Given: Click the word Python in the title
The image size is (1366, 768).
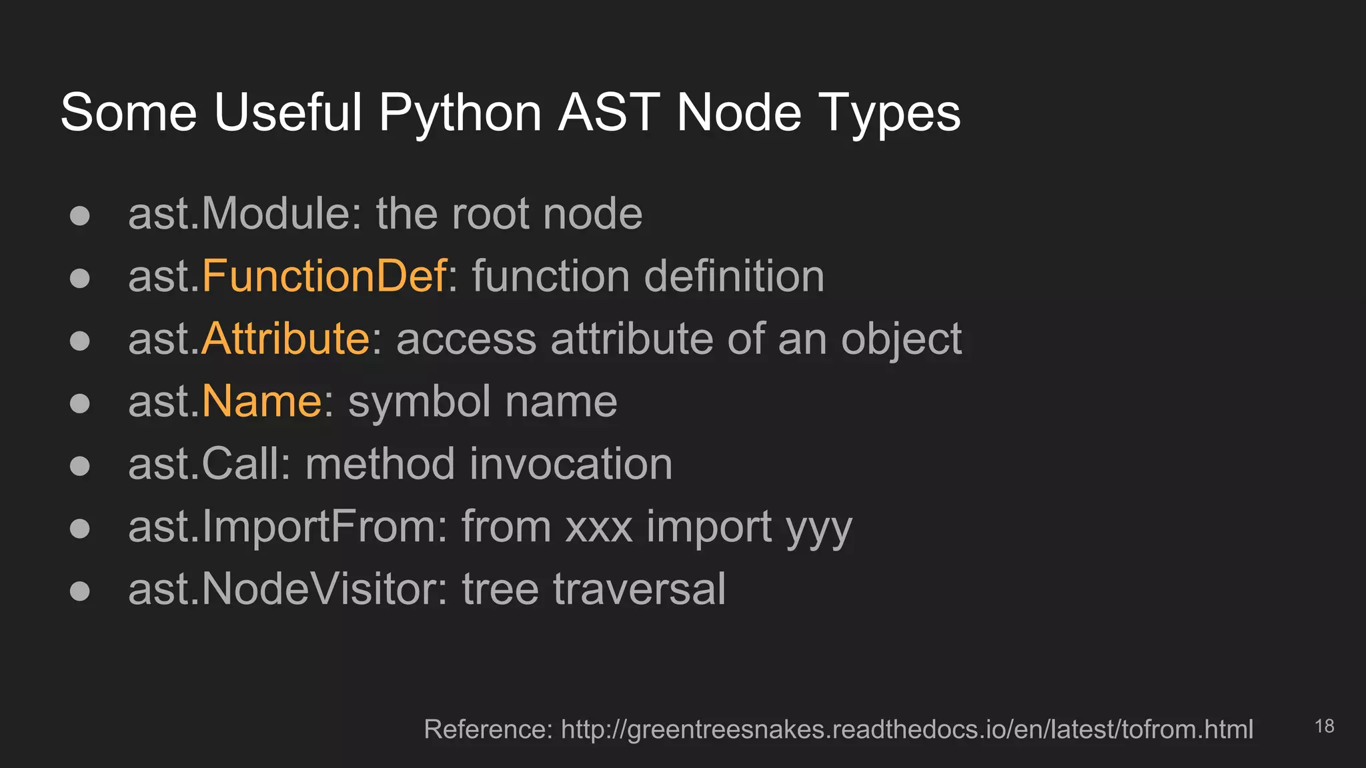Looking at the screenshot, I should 460,113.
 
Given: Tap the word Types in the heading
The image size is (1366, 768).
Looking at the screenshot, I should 889,113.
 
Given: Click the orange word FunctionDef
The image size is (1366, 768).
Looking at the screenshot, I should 323,276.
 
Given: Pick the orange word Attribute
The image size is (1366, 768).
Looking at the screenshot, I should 285,339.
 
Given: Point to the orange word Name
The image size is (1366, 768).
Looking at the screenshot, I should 261,401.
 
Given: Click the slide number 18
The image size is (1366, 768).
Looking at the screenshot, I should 1324,726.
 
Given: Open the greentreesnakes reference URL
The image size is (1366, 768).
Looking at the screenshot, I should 906,729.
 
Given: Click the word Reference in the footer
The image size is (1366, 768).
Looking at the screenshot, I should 488,729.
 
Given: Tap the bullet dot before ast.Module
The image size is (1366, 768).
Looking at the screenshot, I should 80,215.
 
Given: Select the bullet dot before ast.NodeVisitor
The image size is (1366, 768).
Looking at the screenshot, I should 80,591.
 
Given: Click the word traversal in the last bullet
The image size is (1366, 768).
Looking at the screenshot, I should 639,589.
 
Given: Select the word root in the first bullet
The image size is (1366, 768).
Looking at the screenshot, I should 490,214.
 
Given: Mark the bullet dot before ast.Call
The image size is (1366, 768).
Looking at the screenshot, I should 80,465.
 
